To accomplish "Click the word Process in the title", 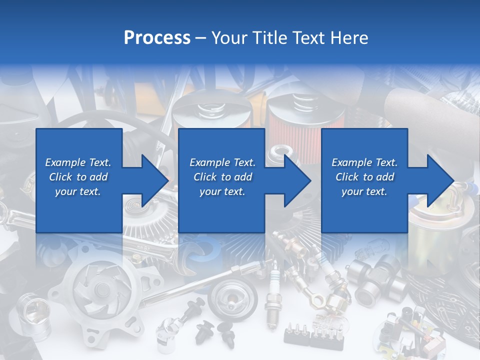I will coord(157,38).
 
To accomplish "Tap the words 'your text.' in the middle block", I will coord(222,191).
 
